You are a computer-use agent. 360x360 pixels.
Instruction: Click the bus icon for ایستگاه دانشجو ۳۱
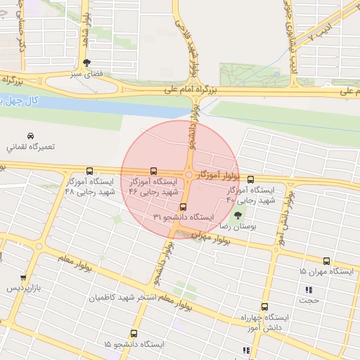point(184,207)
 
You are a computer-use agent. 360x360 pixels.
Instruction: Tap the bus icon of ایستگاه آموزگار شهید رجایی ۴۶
point(154,171)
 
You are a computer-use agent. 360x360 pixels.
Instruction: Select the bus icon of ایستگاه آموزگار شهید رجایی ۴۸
point(89,171)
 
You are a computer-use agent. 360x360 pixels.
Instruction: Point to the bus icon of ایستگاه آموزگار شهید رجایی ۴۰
point(250,180)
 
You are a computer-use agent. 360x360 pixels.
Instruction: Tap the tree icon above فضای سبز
point(86,62)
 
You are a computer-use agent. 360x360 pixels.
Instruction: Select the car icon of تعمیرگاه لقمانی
point(30,136)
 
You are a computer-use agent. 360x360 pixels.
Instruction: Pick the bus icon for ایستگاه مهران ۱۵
point(326,261)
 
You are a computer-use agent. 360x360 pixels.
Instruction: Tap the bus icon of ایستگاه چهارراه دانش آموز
point(264,307)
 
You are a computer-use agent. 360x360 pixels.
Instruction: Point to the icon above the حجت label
point(308,290)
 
